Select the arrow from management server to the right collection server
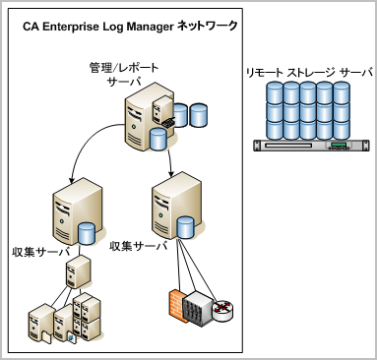(170, 157)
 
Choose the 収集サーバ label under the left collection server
(36, 245)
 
